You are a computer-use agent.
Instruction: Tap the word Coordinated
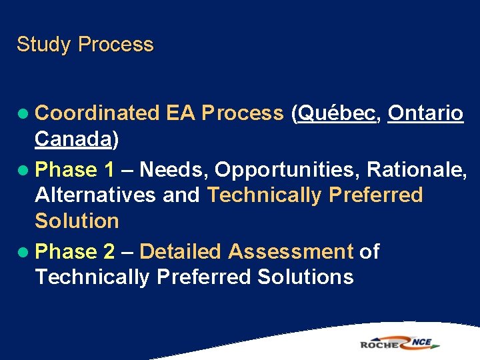97,113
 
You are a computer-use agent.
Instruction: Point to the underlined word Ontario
425,113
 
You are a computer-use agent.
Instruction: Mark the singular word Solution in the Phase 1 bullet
77,221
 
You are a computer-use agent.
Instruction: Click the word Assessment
290,251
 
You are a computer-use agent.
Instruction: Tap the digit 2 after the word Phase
110,251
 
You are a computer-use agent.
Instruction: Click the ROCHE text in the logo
379,344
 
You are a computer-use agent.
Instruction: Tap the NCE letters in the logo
421,343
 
